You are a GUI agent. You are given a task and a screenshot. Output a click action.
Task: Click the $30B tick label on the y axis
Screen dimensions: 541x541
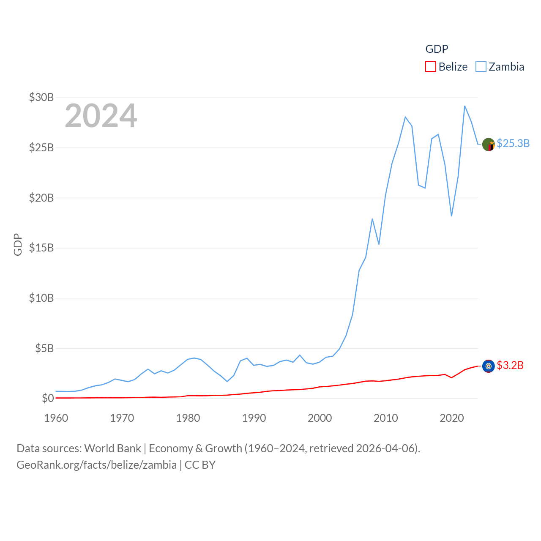41,97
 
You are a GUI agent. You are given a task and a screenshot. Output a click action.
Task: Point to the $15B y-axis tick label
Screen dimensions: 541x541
41,248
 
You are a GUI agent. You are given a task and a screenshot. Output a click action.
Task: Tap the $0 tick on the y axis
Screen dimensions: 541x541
48,398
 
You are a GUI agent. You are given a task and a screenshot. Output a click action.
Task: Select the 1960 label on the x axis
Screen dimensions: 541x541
56,418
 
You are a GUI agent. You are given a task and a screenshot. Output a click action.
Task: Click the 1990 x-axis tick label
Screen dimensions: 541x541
254,418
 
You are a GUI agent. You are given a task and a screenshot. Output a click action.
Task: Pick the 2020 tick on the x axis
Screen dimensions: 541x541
452,418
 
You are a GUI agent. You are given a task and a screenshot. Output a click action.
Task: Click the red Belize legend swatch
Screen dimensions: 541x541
430,67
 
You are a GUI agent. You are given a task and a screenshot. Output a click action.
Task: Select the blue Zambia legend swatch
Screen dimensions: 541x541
481,67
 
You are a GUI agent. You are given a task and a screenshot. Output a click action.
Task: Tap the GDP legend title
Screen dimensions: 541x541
437,49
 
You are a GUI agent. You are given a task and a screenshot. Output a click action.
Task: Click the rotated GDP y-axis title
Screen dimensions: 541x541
18,244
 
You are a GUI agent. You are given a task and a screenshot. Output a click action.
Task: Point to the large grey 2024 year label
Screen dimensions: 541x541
101,116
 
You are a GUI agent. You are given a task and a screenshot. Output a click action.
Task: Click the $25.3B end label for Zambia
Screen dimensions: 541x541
513,143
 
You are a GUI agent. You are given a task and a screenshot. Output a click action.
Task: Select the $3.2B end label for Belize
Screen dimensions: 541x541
510,365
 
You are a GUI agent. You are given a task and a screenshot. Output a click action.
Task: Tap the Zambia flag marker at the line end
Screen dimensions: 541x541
489,145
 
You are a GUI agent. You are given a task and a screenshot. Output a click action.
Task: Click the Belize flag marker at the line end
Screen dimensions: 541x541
489,366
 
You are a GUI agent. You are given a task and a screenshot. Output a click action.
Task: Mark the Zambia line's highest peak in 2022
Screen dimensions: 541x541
465,106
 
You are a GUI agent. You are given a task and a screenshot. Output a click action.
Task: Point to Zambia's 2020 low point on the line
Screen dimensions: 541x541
452,216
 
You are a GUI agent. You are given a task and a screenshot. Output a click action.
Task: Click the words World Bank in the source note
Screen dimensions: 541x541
113,448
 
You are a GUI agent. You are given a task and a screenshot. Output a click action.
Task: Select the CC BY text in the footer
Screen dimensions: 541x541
200,465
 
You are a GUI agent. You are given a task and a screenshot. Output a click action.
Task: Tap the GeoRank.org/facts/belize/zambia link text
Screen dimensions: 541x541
97,465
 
